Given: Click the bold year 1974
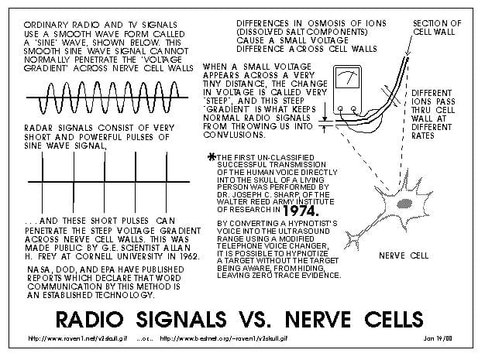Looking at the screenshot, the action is coord(301,211).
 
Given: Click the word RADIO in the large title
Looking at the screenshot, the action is coord(90,319).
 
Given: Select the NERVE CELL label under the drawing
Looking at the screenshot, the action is coord(404,255).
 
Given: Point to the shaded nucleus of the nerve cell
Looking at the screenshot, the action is coord(404,204).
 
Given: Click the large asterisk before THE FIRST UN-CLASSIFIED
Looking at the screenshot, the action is coord(212,157).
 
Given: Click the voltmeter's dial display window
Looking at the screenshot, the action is coord(347,78).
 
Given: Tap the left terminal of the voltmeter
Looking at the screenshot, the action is coord(340,108).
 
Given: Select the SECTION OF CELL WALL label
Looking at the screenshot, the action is coord(437,28).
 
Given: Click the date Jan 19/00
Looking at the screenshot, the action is coord(438,338).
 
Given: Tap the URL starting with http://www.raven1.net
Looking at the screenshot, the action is coord(77,338).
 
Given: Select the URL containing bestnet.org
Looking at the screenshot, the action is coord(224,338).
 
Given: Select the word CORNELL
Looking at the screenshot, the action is coord(95,256).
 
